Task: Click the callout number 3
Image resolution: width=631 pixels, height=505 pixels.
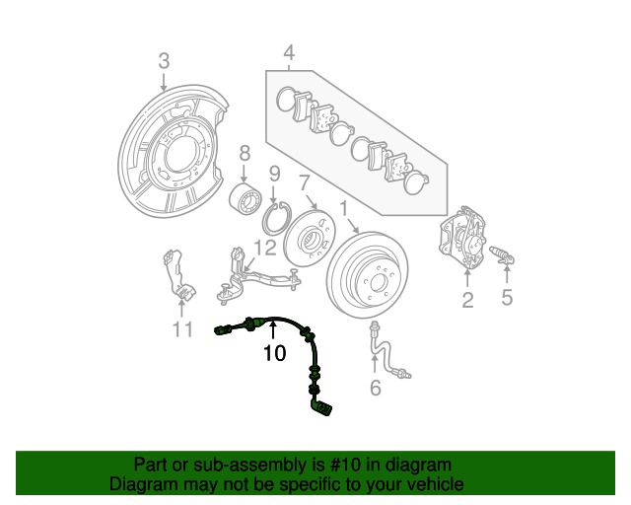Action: [x=165, y=62]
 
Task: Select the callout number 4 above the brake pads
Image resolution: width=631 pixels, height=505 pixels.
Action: [x=289, y=51]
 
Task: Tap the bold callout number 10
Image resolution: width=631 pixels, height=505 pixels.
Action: [x=274, y=351]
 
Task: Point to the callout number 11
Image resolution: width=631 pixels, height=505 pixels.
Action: [x=181, y=329]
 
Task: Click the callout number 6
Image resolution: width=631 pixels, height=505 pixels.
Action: [x=375, y=388]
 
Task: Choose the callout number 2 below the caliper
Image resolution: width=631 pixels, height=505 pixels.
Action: [x=467, y=300]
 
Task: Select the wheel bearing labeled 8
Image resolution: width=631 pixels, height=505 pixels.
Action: [x=244, y=198]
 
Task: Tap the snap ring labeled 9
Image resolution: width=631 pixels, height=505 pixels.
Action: [x=273, y=216]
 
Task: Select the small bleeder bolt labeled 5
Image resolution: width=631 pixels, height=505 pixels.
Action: [x=503, y=258]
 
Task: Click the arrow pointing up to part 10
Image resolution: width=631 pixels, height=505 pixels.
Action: [x=274, y=330]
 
